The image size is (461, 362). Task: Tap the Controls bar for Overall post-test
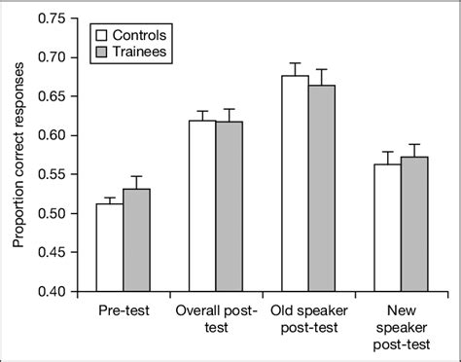[x=201, y=205]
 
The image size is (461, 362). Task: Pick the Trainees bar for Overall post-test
[x=229, y=206]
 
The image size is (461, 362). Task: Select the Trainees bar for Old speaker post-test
[x=320, y=188]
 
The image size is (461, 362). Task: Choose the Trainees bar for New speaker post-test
[x=412, y=223]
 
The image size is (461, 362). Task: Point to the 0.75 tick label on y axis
[x=50, y=18]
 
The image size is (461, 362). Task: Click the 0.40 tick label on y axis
[x=50, y=291]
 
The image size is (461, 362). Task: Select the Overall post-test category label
[x=215, y=320]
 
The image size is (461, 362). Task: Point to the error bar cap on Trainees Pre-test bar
[x=137, y=176]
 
